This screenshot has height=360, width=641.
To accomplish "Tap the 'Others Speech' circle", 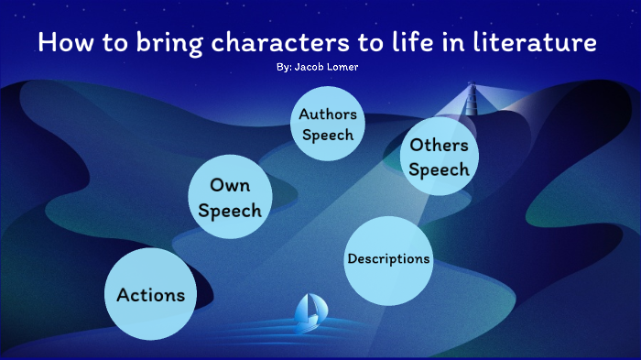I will (x=440, y=157).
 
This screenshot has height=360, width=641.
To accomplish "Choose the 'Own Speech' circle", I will (x=230, y=199).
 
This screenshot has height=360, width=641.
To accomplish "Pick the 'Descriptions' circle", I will (x=388, y=259).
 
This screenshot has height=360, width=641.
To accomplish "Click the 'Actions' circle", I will (x=151, y=295).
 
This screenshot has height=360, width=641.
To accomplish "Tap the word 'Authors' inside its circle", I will (x=328, y=116).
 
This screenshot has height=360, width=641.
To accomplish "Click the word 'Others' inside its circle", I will (x=440, y=145).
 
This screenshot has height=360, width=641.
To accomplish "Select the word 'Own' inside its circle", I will (x=230, y=187).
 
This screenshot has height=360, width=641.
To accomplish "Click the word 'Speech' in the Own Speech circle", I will (x=230, y=212).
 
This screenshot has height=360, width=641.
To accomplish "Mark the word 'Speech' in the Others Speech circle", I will (x=440, y=169).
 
